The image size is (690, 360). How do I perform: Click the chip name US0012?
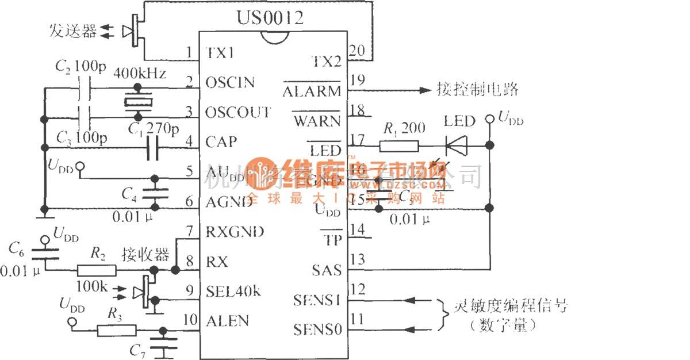pos(270,18)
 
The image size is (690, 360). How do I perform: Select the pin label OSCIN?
pos(229,82)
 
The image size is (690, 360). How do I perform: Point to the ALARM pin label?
pos(312,91)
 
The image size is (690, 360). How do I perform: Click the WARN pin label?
pos(317,121)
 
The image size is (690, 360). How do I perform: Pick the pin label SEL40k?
pos(233,291)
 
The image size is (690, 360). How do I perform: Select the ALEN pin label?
pos(228,320)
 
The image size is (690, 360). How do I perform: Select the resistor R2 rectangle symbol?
pos(97,270)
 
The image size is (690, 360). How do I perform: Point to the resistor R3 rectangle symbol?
pos(117,330)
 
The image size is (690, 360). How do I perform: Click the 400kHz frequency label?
pos(140,74)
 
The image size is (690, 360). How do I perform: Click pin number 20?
pos(356,51)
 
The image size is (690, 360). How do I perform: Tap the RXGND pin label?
pos(235,231)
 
